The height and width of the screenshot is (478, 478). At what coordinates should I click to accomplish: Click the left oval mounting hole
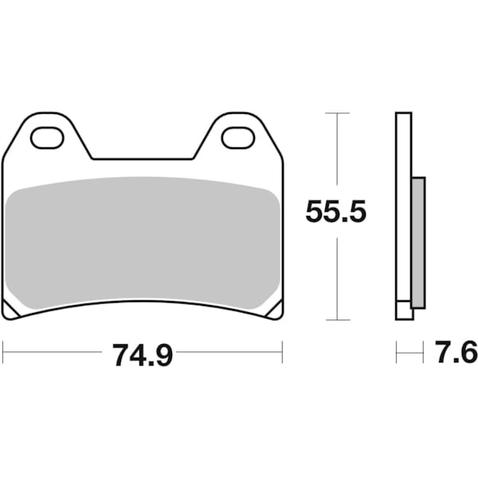click(x=47, y=138)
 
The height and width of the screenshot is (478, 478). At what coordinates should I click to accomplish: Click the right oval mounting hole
click(x=237, y=138)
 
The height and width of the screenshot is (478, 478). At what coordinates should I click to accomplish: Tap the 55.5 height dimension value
click(x=336, y=212)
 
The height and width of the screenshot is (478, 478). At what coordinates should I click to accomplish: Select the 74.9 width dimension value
click(x=143, y=355)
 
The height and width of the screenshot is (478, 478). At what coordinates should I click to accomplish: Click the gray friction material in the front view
click(x=143, y=239)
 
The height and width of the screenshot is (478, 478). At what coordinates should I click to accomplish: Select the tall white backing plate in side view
click(x=403, y=207)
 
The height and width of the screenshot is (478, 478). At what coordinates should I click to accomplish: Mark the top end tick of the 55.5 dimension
click(x=338, y=114)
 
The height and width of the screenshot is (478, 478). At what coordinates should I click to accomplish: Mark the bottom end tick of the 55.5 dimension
click(x=338, y=319)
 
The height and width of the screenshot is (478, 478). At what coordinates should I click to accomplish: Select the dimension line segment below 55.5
click(x=338, y=275)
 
